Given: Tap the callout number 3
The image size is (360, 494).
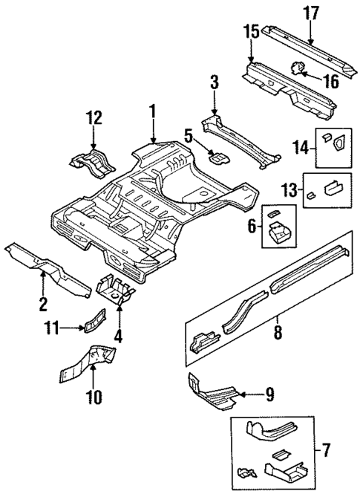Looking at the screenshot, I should click(214, 82).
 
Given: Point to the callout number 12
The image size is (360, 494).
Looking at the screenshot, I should click(93, 117).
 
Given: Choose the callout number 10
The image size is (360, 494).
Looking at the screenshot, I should click(94, 398).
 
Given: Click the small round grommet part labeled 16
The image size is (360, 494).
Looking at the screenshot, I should click(298, 69).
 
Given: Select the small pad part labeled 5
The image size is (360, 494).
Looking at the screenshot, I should click(217, 156).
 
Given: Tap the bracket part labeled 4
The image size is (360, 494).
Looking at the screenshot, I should click(116, 288).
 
